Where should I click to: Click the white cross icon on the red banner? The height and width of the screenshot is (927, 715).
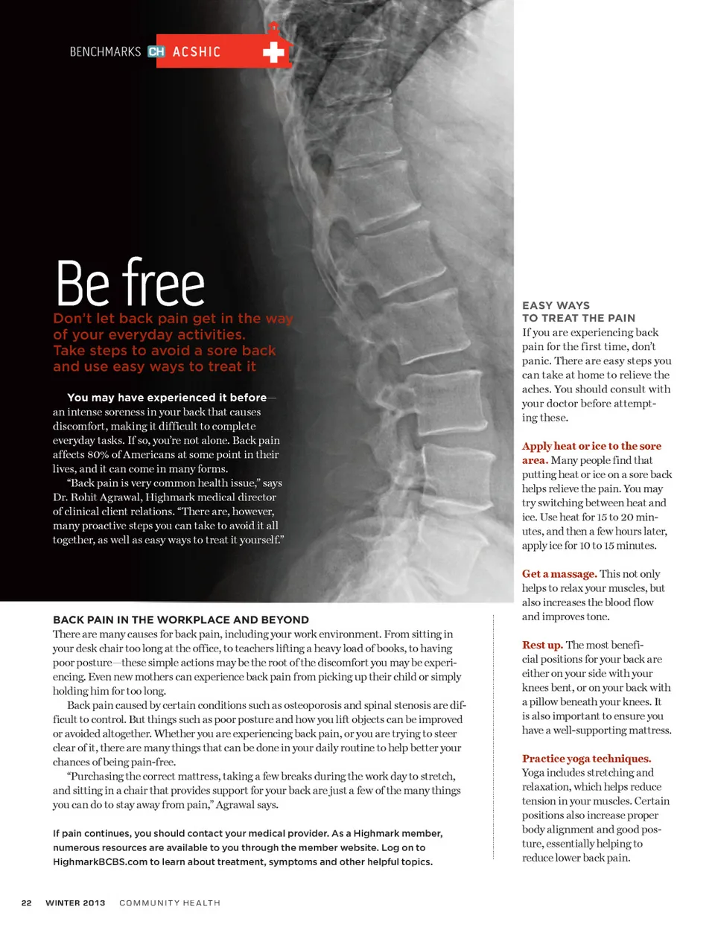[273, 52]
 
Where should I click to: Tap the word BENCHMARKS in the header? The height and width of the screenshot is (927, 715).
[105, 52]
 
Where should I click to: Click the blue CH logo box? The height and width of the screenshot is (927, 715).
[156, 52]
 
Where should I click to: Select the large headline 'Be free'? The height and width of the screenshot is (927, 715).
[130, 283]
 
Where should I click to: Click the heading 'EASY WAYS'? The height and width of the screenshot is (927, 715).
[556, 305]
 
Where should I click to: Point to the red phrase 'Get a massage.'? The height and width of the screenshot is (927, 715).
[559, 574]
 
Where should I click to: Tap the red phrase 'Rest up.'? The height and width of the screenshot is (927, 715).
[542, 645]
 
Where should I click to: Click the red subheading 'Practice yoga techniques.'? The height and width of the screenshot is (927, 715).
[586, 759]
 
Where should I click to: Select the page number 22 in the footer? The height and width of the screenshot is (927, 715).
[26, 903]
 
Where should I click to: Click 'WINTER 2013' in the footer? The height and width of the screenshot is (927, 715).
[75, 903]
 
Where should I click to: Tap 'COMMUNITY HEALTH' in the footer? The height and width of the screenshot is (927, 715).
[170, 903]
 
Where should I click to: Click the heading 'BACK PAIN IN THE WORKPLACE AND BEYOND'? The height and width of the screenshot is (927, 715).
[181, 619]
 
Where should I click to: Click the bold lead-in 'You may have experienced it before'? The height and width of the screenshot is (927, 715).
[166, 398]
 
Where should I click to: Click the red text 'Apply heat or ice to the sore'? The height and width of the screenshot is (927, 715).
[591, 446]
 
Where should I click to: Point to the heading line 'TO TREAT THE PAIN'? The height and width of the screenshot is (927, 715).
[579, 318]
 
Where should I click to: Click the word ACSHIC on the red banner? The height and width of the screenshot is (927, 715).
[197, 52]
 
